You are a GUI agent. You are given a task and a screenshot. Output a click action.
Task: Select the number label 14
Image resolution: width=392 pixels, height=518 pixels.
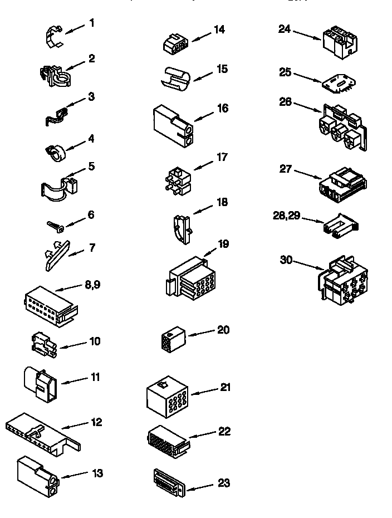(219, 30)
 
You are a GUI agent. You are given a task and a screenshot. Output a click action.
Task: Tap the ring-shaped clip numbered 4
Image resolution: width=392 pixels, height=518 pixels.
(55, 150)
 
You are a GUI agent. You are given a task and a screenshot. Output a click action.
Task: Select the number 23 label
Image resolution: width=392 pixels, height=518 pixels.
(223, 483)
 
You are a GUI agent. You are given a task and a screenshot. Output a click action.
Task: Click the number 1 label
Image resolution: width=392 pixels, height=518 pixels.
(91, 23)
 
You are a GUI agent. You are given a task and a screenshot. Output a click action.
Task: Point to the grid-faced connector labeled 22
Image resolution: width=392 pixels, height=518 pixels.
(166, 440)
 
